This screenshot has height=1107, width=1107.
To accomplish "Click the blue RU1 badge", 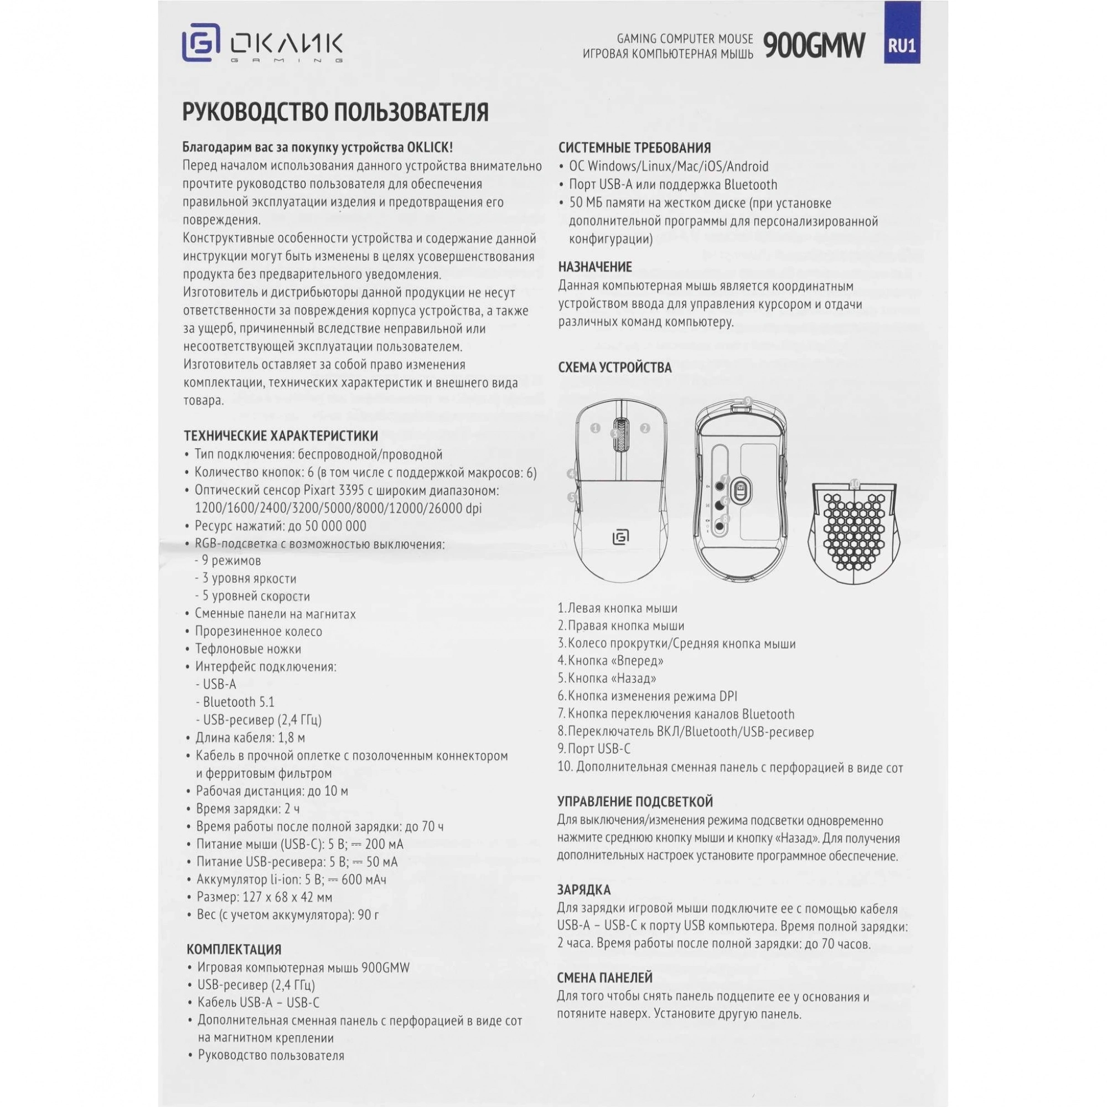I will click(x=902, y=46).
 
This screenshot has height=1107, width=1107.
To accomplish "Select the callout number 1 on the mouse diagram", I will click(x=596, y=427).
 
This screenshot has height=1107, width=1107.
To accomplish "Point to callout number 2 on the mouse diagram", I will click(x=645, y=427).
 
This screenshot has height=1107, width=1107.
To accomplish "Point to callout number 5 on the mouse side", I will click(x=572, y=498).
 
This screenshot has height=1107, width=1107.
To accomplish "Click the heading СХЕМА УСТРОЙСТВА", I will click(x=614, y=368).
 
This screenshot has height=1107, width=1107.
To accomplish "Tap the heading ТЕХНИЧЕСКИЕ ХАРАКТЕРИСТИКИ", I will click(x=281, y=436).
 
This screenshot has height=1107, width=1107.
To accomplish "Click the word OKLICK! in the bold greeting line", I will click(x=429, y=147).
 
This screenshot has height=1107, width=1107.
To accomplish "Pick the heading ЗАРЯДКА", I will click(x=583, y=890).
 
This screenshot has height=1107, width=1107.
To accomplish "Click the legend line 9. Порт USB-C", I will click(x=593, y=748).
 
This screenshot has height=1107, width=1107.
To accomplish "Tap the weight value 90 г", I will click(x=368, y=914).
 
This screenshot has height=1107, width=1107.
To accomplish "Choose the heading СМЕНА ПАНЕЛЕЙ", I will click(x=604, y=977).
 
